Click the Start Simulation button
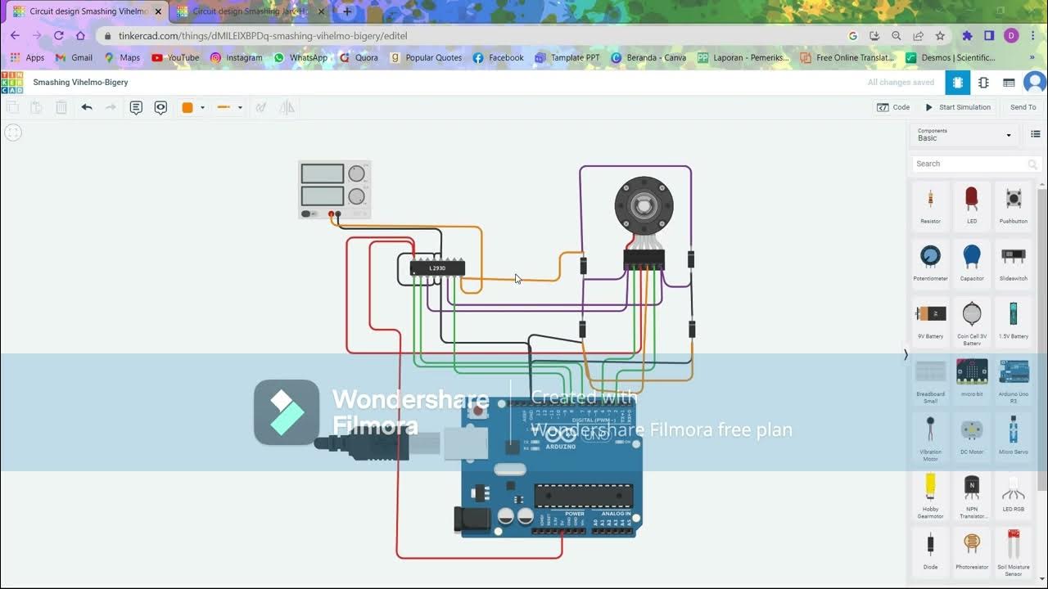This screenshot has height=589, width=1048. click(x=958, y=107)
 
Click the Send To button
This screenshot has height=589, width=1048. click(x=1023, y=107)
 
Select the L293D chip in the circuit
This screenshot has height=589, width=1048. click(x=437, y=268)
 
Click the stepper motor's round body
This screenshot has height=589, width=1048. click(x=644, y=205)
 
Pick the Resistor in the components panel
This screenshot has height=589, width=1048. click(x=930, y=204)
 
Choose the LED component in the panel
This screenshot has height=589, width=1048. click(x=972, y=204)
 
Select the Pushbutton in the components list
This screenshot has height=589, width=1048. click(x=1013, y=204)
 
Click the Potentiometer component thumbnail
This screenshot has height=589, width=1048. click(x=930, y=261)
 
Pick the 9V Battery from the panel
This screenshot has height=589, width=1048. click(x=930, y=318)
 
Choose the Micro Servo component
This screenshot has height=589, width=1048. click(x=1013, y=434)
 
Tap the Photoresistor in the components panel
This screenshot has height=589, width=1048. click(x=972, y=548)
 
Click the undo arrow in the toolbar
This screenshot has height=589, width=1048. click(x=87, y=107)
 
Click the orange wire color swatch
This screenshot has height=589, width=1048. click(x=187, y=107)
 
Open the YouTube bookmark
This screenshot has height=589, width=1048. click(x=175, y=58)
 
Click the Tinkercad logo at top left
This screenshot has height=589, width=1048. click(x=12, y=83)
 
